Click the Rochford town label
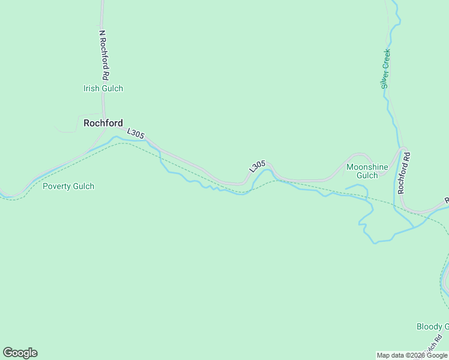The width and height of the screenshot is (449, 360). pyautogui.click(x=103, y=123)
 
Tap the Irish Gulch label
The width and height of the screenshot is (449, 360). pyautogui.click(x=103, y=88)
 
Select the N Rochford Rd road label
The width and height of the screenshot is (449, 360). pyautogui.click(x=104, y=56)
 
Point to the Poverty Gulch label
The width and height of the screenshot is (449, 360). pyautogui.click(x=68, y=186)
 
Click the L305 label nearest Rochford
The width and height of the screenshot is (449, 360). pyautogui.click(x=136, y=133)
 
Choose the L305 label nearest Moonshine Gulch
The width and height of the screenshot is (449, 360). pyautogui.click(x=257, y=167)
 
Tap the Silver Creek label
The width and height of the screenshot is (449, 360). pyautogui.click(x=386, y=68)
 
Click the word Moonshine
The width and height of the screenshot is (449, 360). pyautogui.click(x=367, y=167)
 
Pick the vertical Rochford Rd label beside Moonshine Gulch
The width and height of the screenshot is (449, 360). pyautogui.click(x=403, y=172)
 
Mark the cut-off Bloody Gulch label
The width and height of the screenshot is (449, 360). pyautogui.click(x=432, y=327)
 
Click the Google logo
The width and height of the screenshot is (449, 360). pyautogui.click(x=20, y=353)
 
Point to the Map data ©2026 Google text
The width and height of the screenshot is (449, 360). pyautogui.click(x=412, y=355)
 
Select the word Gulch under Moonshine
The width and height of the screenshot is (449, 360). pyautogui.click(x=367, y=176)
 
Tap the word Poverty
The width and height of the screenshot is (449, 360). pyautogui.click(x=56, y=186)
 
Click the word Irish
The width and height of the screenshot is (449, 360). pyautogui.click(x=92, y=88)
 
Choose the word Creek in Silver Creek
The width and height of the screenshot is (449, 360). pyautogui.click(x=387, y=59)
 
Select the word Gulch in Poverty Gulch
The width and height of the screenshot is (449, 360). pyautogui.click(x=83, y=186)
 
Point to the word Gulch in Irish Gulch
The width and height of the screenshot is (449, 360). pyautogui.click(x=112, y=88)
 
